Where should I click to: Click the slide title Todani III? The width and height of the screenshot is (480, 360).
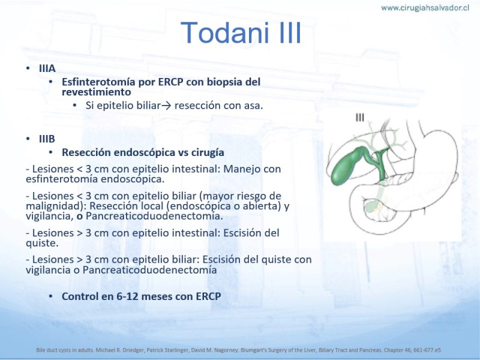pos(241,33)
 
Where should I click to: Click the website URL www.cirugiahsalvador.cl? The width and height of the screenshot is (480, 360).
pos(425,8)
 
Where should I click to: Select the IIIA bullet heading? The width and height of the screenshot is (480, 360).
pos(47,68)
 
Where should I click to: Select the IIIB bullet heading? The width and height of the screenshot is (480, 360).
pos(47,139)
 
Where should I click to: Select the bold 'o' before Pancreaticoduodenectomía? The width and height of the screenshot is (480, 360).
pos(80,217)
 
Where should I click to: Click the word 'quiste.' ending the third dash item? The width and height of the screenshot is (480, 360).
pos(42,244)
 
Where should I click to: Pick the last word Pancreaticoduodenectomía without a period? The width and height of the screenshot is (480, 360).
pos(149,270)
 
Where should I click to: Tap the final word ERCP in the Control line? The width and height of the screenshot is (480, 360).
pos(208,296)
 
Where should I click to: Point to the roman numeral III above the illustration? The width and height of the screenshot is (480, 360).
pos(359,117)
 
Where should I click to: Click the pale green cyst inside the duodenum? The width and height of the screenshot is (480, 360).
pos(372,205)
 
